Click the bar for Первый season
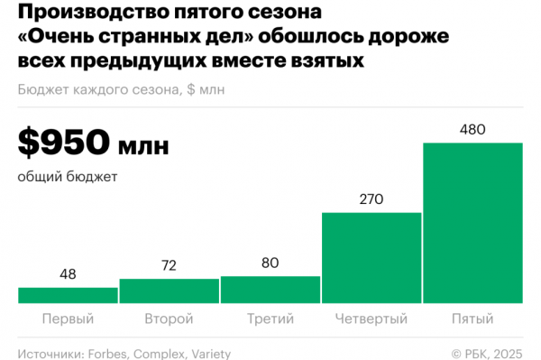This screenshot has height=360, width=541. point(68,295)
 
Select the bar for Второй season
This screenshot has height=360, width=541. point(169,291)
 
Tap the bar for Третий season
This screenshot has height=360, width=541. point(270,289)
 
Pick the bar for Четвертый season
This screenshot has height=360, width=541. point(371,257)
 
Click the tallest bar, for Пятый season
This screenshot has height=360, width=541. point(472,222)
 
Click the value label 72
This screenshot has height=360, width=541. point(169,267)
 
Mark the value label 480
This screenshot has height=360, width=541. point(472,130)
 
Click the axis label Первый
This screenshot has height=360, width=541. point(68,319)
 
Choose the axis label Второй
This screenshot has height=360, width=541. point(169,319)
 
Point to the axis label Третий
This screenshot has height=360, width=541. point(270,319)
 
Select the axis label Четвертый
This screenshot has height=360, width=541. point(371,319)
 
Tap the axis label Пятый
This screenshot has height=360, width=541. point(472,319)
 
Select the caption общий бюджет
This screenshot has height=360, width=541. point(67,177)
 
